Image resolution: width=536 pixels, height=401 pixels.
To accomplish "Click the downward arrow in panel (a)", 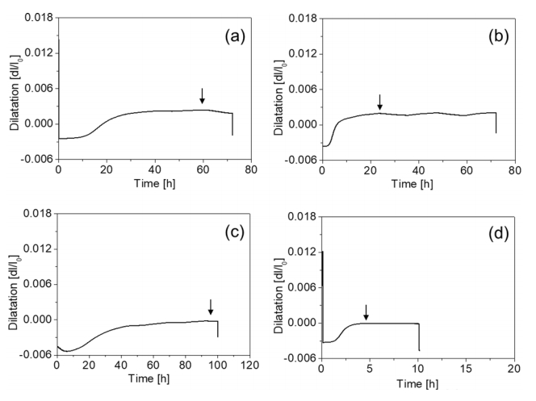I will pyautogui.click(x=203, y=96).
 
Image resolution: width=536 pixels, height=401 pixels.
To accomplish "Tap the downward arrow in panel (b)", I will pyautogui.click(x=379, y=102).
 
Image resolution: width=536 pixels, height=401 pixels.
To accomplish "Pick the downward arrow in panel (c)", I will pyautogui.click(x=211, y=307).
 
